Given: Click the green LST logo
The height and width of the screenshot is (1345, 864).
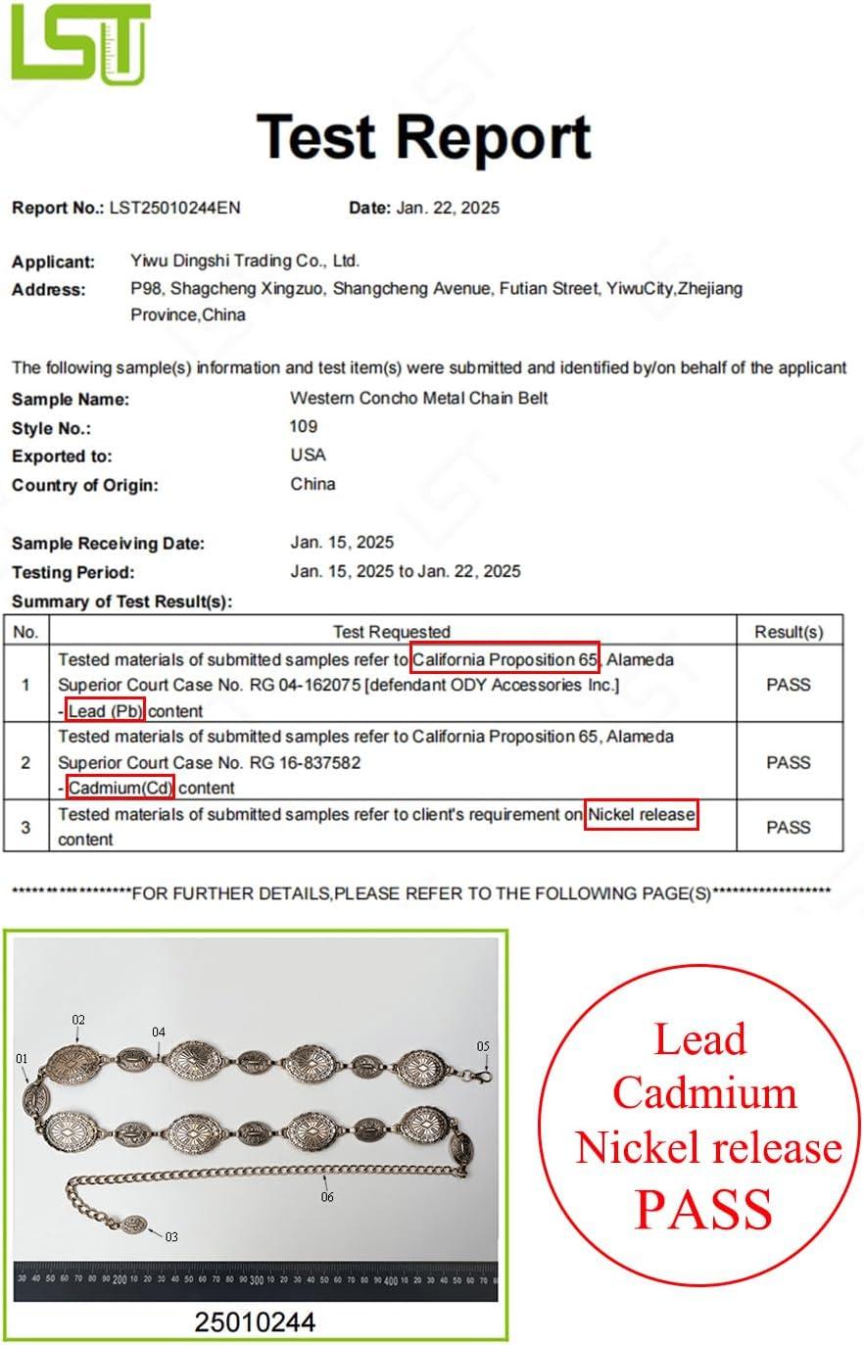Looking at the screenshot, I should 80,43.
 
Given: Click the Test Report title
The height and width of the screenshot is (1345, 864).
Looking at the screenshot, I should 423,136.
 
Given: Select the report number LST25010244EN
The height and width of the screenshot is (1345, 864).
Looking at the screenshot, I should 174,208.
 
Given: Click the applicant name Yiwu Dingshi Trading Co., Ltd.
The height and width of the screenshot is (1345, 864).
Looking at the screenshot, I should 245,261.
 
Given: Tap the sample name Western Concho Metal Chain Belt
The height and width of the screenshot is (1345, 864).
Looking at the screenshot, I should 418,398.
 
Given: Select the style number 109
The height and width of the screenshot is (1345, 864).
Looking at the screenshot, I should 304,426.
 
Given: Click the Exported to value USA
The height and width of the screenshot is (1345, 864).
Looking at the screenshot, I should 308,455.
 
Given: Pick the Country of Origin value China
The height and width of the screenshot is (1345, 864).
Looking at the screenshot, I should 312,484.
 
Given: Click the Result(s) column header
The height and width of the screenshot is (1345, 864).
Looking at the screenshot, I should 789,632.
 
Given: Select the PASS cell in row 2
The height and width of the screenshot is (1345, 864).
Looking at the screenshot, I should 789,762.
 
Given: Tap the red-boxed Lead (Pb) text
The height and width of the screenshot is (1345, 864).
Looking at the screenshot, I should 106,710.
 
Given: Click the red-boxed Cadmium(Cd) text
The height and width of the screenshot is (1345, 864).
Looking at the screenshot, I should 120,787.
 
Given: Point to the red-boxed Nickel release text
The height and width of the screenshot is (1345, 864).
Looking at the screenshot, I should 642,814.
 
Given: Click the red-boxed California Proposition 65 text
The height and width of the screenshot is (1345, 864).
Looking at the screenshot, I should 504,659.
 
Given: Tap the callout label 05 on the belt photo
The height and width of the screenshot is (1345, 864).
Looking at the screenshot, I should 483,1046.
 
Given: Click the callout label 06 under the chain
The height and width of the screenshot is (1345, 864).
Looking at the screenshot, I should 327,1197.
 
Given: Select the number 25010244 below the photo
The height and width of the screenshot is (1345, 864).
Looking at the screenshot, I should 255,1321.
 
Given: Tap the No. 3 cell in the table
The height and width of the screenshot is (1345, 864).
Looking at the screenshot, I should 25,827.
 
